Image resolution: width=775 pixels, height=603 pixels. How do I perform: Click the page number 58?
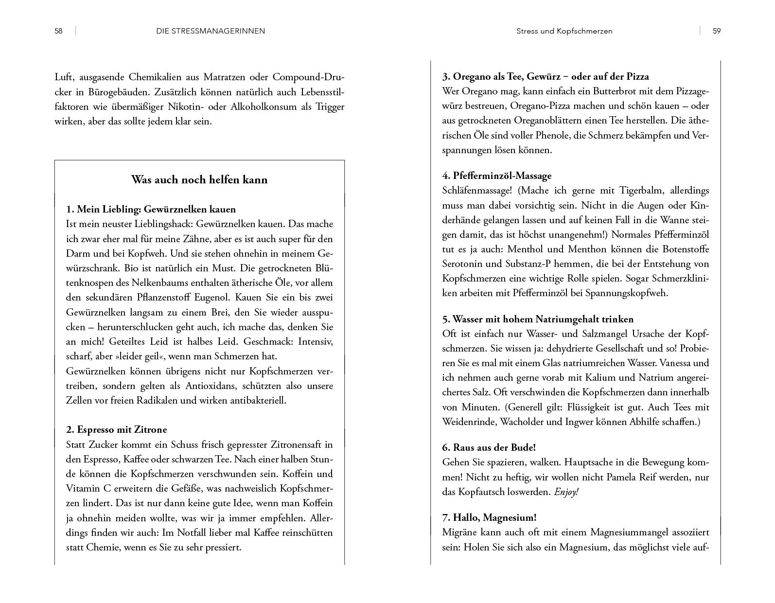tap(58, 31)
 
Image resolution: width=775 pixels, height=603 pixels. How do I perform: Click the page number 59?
tap(716, 31)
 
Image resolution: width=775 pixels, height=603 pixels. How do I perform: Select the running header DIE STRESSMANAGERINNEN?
tap(211, 31)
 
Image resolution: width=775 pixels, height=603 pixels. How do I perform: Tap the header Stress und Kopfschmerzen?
tap(564, 31)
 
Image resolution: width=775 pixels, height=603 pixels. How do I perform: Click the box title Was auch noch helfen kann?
tap(199, 180)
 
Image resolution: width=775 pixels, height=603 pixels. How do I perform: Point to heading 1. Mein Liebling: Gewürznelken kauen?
tap(151, 210)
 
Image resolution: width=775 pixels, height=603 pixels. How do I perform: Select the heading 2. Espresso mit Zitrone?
tap(116, 429)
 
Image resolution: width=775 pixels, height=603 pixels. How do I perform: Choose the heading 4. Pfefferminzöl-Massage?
tap(497, 176)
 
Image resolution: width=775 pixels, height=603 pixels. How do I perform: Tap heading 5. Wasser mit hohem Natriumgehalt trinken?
tap(538, 319)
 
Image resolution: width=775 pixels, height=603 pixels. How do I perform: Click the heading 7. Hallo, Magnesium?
tap(489, 517)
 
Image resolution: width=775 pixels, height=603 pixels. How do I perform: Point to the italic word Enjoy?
tap(566, 492)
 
